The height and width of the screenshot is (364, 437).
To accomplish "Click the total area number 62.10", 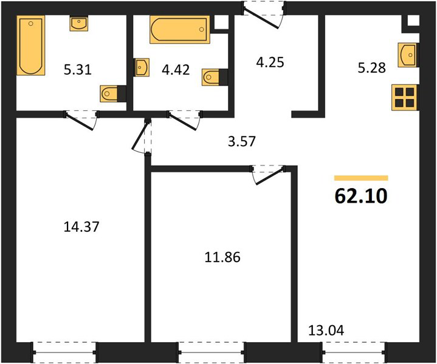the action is point(361,196).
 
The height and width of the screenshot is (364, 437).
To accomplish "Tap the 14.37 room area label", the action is point(81,226).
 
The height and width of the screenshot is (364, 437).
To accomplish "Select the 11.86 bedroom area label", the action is point(222,257).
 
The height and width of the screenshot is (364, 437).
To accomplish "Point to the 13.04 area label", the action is point(326,330).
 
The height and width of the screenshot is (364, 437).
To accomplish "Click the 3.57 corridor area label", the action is point(242,141).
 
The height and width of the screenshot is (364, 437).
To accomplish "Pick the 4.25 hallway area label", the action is point(270,62).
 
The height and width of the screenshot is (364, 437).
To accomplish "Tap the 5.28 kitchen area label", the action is point(372,67).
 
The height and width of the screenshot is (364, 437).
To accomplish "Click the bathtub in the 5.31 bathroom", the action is point(31,45).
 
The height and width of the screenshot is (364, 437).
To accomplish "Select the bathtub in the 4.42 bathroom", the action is point(180,30).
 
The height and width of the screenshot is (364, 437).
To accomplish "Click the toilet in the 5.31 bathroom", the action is point(113,93).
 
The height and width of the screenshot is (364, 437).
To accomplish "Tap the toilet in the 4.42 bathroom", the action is point(215,77).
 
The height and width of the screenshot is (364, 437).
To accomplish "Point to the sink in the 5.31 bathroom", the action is point(79,23).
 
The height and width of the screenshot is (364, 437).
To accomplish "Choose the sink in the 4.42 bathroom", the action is point(141,67).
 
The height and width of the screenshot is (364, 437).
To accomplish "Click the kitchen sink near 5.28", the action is point(408,55).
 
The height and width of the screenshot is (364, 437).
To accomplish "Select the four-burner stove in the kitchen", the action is point(405,97).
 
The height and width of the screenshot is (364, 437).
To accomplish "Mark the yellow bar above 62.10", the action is point(361,178).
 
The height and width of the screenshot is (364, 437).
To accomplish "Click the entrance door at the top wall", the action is point(264,15).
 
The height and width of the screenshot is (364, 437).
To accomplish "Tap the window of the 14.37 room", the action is point(64,352).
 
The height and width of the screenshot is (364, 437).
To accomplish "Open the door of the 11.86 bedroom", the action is point(269,175).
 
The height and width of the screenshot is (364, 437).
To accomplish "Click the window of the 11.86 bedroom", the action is point(212,352).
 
